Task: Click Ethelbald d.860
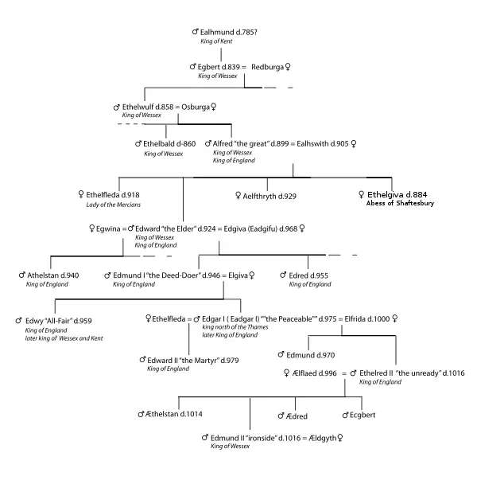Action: tap(169, 143)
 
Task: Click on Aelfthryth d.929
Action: tap(270, 195)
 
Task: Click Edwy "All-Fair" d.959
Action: tap(58, 321)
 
